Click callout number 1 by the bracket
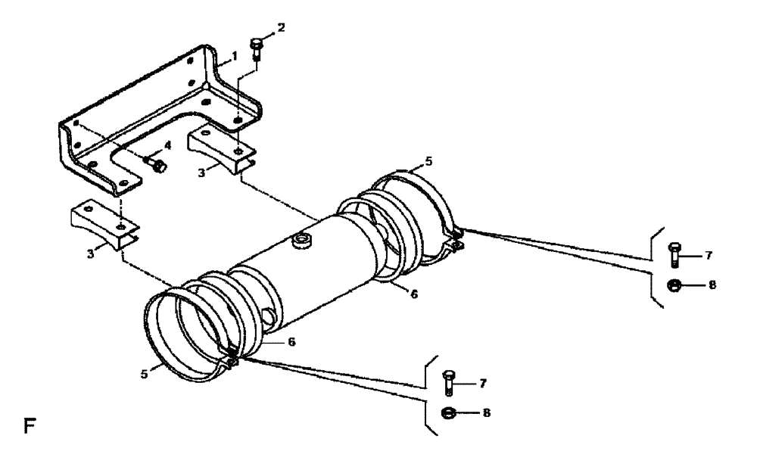coord(234,56)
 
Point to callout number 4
coord(168,144)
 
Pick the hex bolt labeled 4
coord(157,164)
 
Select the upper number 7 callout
coord(708,255)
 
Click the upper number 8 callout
coord(712,285)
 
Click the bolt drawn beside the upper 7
coord(674,254)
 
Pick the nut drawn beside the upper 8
coord(674,285)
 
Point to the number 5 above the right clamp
coord(429,161)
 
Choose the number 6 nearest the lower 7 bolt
coord(291,342)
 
